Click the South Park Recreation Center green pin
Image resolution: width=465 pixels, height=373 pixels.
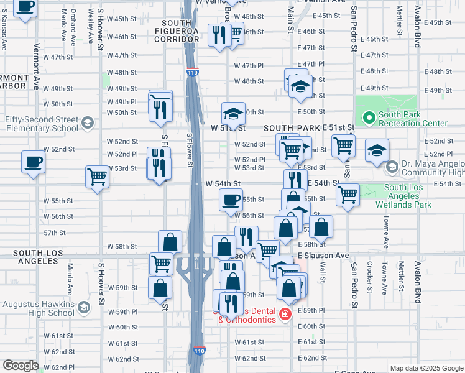coord(369,116)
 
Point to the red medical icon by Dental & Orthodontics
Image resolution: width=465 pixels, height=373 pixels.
coord(285,315)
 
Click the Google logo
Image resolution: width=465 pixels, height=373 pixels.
coord(21,366)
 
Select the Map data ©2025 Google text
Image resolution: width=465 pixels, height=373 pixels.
coord(425,368)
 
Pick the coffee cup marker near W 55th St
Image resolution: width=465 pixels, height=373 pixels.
coord(231,200)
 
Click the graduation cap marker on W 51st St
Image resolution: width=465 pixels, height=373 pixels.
coord(233,114)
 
